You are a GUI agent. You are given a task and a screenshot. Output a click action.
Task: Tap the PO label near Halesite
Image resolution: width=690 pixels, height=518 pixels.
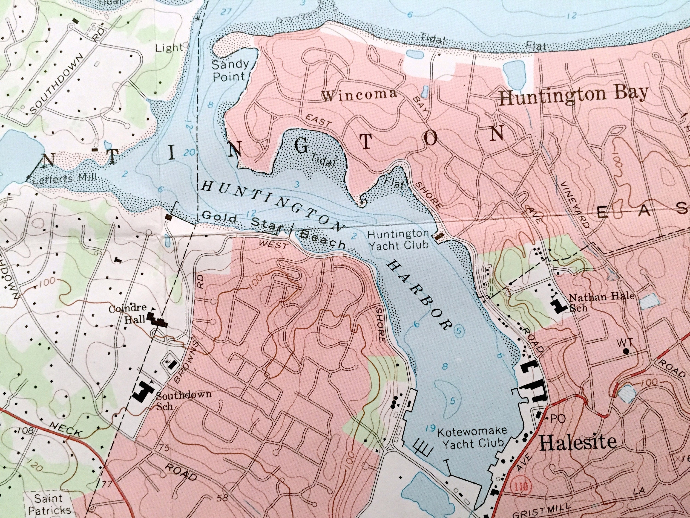[558, 419]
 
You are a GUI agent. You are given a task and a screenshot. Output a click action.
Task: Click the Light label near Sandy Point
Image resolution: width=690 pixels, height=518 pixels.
[169, 48]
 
